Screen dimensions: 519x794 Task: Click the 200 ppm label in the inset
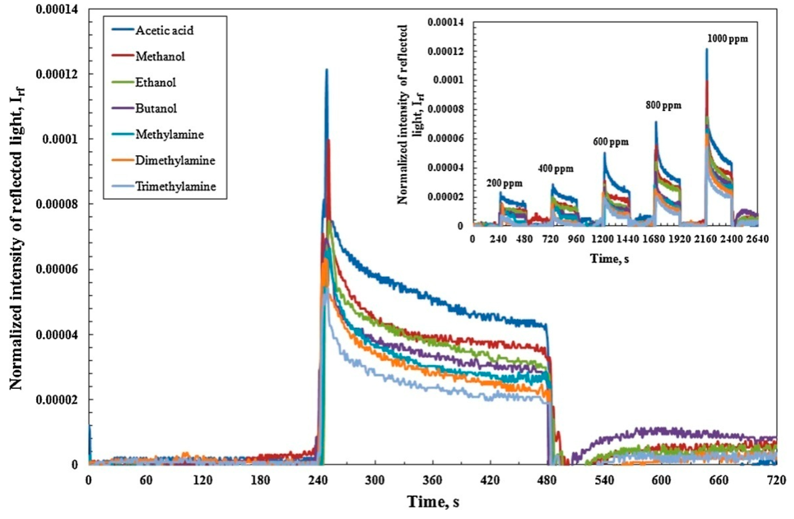click(504, 183)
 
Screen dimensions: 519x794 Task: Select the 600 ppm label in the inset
click(610, 142)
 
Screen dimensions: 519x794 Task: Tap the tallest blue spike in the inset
click(706, 50)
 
